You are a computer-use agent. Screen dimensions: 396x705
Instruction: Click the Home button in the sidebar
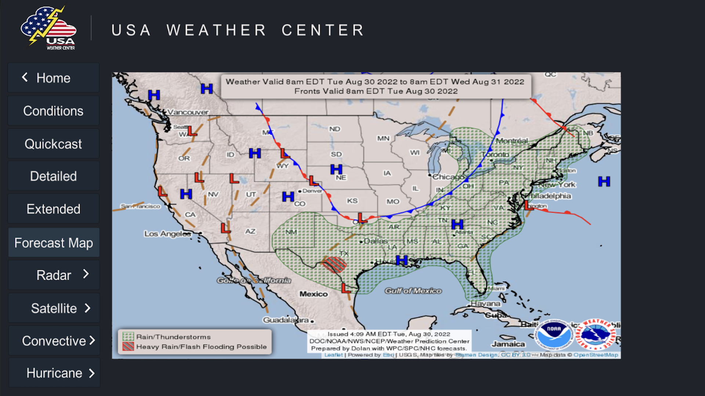53,78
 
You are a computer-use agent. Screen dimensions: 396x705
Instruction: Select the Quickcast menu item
53,144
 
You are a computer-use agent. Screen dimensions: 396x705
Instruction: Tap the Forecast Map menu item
54,243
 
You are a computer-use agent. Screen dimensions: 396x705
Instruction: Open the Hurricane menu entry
54,373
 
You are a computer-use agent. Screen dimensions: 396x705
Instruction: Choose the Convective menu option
54,341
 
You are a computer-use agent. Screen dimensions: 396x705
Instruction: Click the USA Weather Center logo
49,29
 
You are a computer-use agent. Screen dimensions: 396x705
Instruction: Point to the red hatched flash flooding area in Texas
334,264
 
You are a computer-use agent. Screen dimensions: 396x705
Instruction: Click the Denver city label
312,191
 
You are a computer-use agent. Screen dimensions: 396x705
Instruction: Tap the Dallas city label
376,241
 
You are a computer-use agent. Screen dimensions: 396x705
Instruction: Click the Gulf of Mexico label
413,291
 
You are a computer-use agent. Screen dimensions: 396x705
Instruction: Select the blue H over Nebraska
336,169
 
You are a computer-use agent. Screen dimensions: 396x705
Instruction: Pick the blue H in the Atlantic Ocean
604,181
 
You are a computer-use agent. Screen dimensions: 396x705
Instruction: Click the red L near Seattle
192,131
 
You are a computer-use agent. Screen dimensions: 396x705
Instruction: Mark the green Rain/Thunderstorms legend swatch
128,337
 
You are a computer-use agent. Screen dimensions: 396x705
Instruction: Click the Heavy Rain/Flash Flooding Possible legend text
201,346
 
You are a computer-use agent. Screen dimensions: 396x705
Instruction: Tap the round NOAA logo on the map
554,334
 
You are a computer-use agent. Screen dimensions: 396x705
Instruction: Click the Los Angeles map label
167,234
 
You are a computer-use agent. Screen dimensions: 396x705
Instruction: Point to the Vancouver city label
188,112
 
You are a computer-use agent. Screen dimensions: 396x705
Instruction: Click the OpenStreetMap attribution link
596,355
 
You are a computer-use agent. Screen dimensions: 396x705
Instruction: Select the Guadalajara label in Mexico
286,320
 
